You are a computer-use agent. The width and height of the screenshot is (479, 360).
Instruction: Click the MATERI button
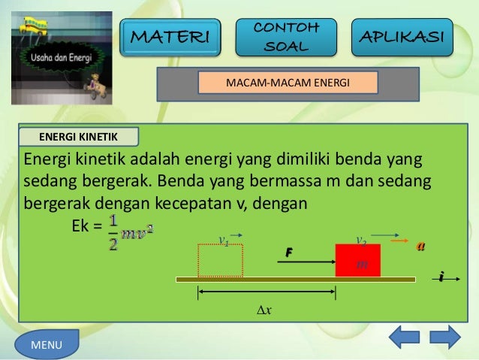[x=172, y=36]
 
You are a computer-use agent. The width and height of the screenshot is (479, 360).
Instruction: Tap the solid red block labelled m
[x=357, y=261]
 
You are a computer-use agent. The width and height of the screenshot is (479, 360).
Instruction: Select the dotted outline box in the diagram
[x=220, y=261]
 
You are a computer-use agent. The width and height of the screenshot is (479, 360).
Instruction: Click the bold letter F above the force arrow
[x=288, y=253]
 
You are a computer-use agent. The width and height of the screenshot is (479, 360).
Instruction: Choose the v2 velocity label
[x=360, y=240]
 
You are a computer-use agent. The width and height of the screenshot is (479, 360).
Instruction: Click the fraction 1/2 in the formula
[x=113, y=234]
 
